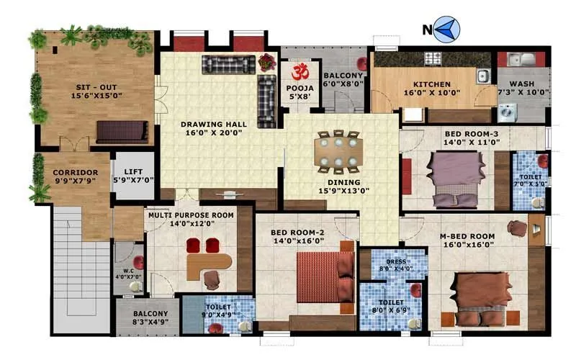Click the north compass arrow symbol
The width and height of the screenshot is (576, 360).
tap(447, 30)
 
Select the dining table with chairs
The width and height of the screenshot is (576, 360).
tap(336, 151)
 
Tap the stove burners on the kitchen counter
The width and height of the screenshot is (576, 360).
tap(433, 58)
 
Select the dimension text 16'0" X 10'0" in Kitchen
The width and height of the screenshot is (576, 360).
tap(431, 93)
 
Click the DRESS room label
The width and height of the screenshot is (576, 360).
tap(397, 261)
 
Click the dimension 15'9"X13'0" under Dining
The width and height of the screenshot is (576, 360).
tap(344, 192)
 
